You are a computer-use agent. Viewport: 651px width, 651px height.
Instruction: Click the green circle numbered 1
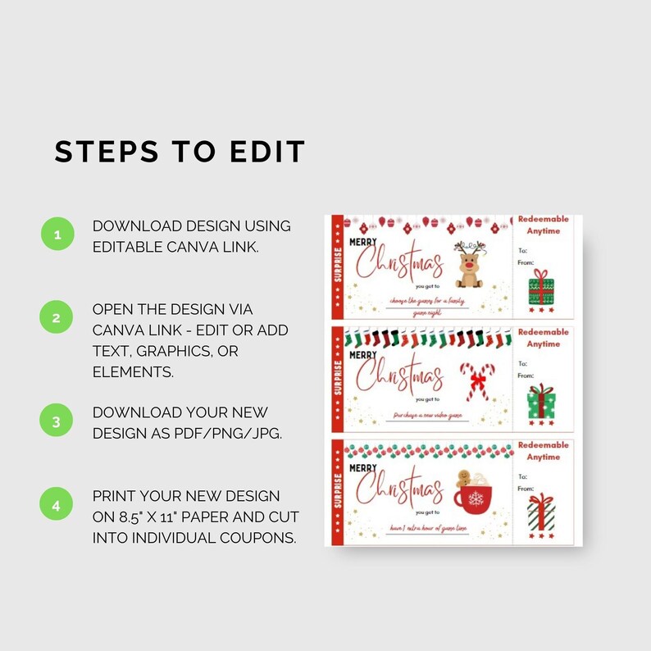[x=57, y=234]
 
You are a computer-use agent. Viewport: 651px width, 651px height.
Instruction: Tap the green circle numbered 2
[x=57, y=317]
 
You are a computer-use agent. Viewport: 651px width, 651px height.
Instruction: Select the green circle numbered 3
[x=57, y=421]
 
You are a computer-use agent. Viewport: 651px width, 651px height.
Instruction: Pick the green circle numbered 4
[x=57, y=506]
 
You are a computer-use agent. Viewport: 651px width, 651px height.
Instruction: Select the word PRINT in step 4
[x=114, y=496]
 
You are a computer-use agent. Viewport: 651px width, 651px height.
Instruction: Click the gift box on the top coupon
[x=540, y=289]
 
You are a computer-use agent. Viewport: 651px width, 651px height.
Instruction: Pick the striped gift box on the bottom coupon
[x=540, y=512]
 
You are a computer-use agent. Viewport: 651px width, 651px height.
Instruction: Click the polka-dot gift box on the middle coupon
[x=540, y=402]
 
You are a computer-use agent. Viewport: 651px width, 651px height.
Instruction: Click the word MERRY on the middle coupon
[x=364, y=356]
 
